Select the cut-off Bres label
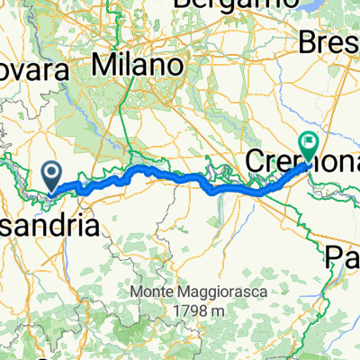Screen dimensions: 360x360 [x=334, y=41]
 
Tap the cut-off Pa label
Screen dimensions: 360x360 [x=342, y=258]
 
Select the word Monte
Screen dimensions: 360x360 [x=148, y=292]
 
